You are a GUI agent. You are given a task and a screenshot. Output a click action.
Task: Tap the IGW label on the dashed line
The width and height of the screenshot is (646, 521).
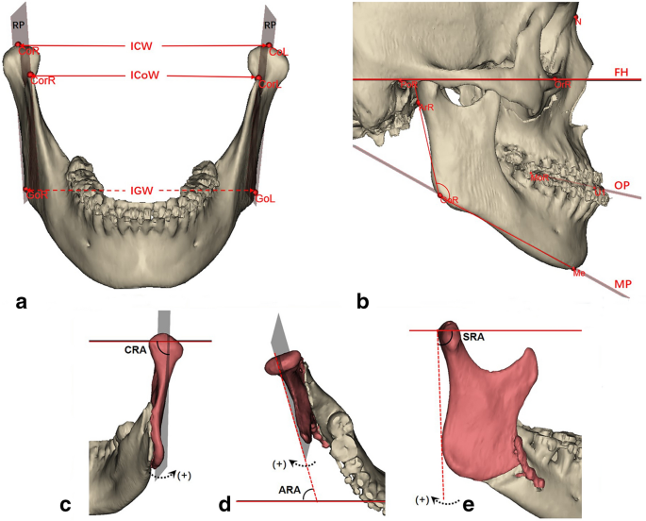point(141,190)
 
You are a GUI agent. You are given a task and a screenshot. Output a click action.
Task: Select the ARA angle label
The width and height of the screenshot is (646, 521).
point(290,489)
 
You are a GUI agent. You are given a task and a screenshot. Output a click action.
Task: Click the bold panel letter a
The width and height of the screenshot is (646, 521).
point(21,302)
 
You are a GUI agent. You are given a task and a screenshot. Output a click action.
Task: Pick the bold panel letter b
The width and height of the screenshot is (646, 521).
point(363,302)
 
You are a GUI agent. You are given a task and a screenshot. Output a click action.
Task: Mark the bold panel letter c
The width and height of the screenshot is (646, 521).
point(67,504)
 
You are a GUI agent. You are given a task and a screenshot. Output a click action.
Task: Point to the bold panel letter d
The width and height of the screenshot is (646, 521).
point(225,504)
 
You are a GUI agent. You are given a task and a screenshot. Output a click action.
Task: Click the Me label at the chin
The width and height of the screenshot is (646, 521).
point(579,272)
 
